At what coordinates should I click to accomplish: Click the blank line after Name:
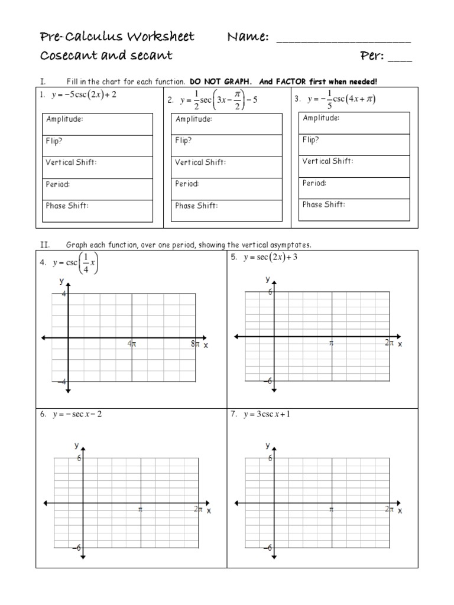(x=343, y=41)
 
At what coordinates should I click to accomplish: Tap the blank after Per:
(x=401, y=59)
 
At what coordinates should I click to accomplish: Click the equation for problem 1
(x=79, y=95)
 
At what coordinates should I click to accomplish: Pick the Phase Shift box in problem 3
(x=354, y=209)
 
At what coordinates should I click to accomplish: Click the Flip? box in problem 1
(x=99, y=146)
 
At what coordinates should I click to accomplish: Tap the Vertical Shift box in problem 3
(x=354, y=166)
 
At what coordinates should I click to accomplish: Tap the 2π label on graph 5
(x=389, y=343)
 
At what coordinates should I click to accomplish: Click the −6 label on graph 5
(x=267, y=381)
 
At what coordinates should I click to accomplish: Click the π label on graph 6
(x=140, y=508)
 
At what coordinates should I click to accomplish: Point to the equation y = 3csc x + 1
(x=267, y=414)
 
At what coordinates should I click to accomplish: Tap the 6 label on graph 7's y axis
(x=271, y=458)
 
